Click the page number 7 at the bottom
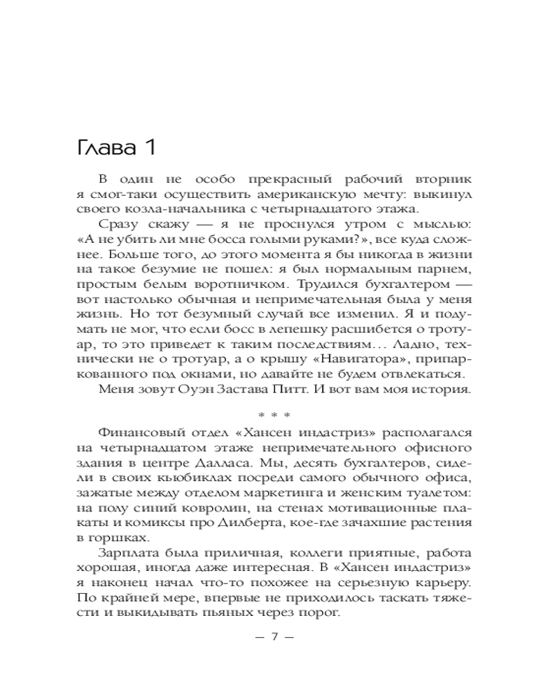(274, 638)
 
